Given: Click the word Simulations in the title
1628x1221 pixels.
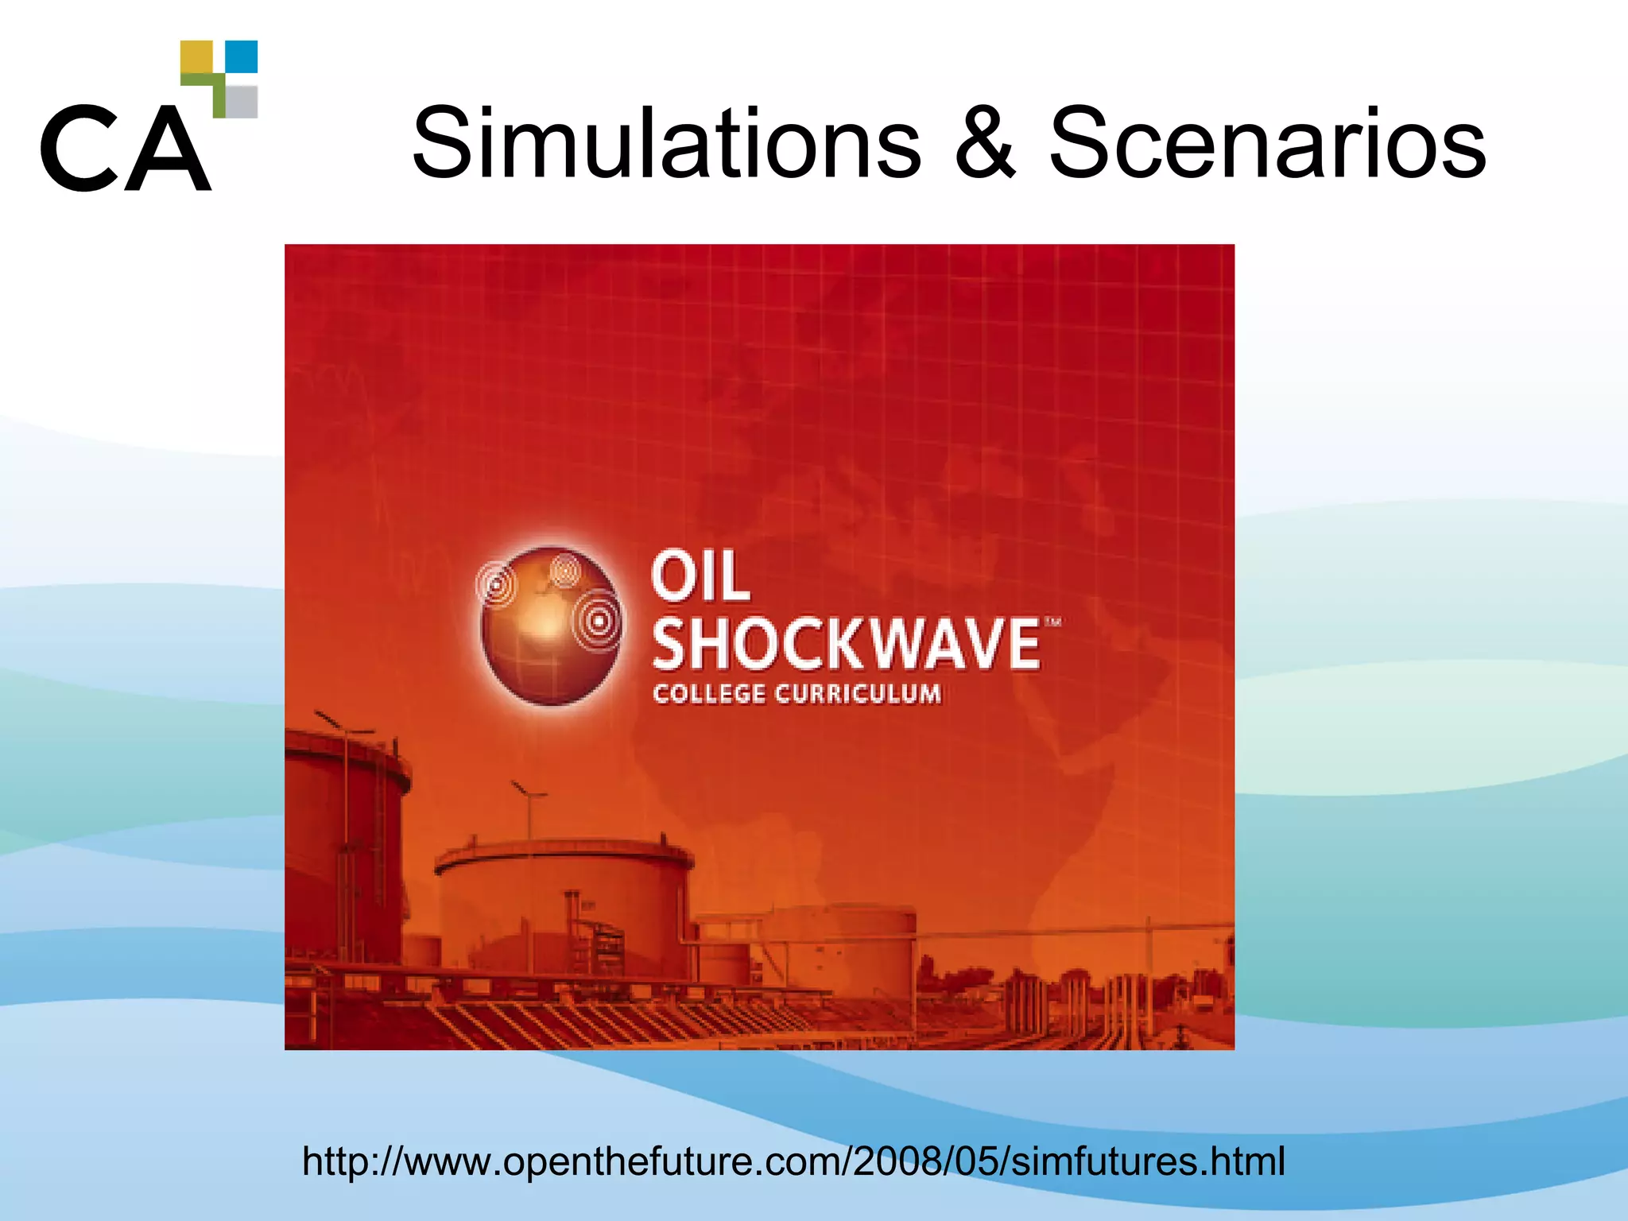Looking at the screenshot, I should click(x=666, y=145).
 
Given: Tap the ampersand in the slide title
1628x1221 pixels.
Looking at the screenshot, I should click(x=984, y=145).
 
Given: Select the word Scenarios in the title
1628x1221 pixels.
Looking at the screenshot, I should click(x=1267, y=145).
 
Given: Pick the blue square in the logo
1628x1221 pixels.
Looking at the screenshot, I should click(x=242, y=56).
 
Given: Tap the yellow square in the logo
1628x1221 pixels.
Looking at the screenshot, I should click(x=196, y=57).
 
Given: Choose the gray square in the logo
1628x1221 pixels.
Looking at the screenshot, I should click(x=242, y=102).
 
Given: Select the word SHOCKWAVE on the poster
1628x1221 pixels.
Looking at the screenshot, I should click(x=846, y=645).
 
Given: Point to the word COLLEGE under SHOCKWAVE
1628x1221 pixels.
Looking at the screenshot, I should click(x=709, y=694).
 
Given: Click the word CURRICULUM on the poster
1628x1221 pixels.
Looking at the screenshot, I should click(x=859, y=694).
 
